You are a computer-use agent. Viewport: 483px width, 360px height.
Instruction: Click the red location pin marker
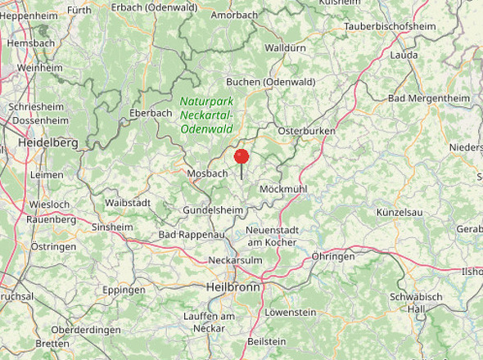[241, 157]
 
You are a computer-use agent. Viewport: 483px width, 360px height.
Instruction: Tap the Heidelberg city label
[48, 142]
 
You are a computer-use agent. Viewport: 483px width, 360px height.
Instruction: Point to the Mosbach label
[206, 174]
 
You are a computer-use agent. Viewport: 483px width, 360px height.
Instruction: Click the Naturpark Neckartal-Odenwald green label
[206, 115]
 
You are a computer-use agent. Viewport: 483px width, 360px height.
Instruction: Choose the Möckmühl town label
[282, 189]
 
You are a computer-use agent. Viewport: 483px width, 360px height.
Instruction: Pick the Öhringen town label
[333, 256]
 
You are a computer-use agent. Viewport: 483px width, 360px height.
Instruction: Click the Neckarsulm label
[234, 259]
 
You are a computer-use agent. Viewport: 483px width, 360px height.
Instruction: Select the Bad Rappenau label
[191, 235]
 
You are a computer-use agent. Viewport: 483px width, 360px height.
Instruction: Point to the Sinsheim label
[112, 227]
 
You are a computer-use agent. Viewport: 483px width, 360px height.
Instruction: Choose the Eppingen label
[124, 290]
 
